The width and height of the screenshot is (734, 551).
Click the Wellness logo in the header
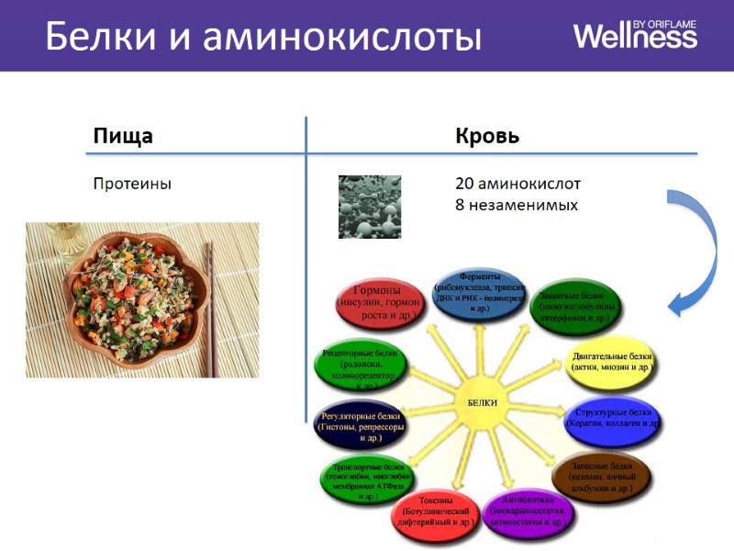[635, 35]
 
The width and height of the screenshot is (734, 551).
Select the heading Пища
[122, 137]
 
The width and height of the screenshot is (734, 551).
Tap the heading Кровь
[487, 137]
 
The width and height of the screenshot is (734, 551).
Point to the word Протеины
[132, 184]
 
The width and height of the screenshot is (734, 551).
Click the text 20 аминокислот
[517, 184]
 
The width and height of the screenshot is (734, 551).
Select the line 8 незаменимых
[517, 205]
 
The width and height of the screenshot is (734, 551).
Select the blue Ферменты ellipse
[478, 294]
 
